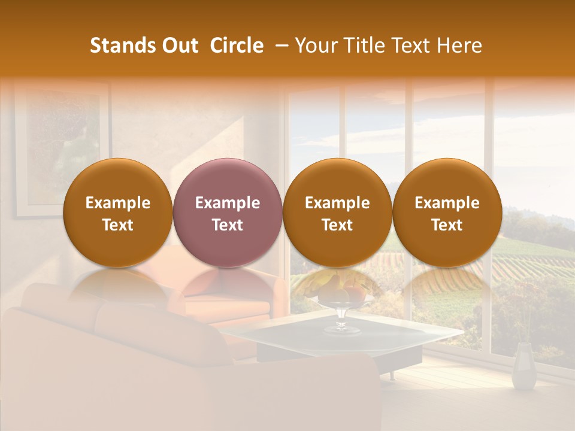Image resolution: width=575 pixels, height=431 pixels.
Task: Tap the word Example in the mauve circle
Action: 228,203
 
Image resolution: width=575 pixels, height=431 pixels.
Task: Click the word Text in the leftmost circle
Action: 117,225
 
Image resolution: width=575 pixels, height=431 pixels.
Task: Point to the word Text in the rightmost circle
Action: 447,225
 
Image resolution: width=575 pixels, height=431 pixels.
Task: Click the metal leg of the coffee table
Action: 393,374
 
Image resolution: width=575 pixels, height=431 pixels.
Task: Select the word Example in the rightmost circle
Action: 447,203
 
